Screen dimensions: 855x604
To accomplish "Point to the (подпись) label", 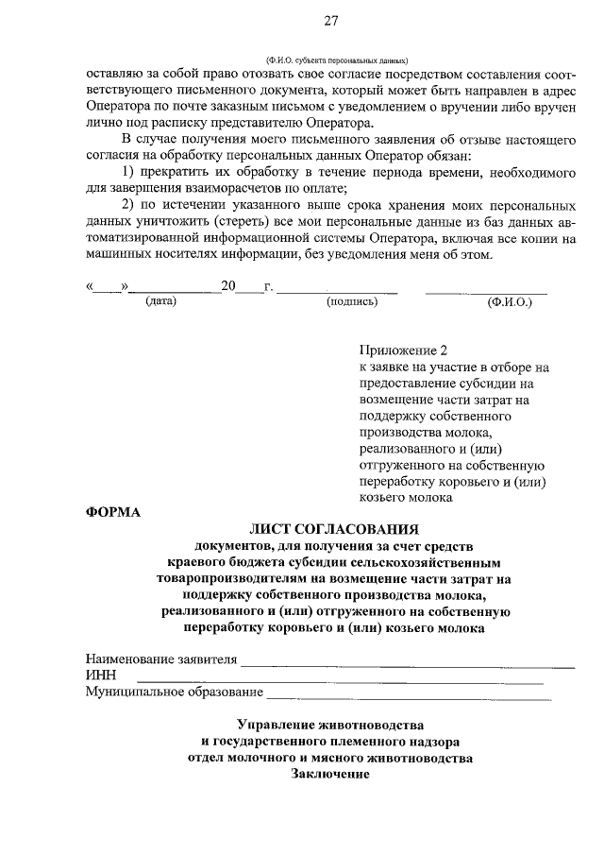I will (351, 302).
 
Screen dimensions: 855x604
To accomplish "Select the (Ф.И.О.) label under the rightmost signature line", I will (510, 302).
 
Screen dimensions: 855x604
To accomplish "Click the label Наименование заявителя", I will (160, 659).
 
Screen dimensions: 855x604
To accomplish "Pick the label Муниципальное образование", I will (174, 693).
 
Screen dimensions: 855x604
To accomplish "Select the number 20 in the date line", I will (227, 286).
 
